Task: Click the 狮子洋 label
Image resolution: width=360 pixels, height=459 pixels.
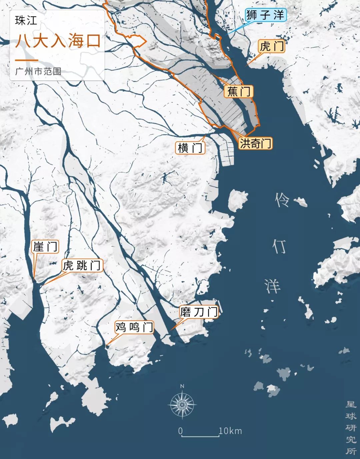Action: tap(265, 15)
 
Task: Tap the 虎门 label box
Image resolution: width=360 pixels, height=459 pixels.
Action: tap(272, 46)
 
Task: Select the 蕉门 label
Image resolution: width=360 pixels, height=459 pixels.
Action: tap(239, 91)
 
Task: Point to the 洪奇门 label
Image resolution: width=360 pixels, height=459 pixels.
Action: tap(255, 143)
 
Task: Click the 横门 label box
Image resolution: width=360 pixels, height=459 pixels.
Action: tap(190, 148)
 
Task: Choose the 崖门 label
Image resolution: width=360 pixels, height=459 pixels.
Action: tap(45, 247)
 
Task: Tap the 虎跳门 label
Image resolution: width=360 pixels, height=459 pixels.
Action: tap(82, 265)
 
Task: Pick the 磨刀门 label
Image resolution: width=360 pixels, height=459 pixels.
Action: tap(199, 312)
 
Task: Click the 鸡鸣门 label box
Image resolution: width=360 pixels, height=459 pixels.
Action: tap(134, 327)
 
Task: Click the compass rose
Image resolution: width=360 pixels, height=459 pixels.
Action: tap(182, 404)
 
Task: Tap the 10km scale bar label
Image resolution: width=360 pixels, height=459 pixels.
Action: tap(230, 431)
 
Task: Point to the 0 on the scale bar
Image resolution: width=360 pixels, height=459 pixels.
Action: tap(180, 431)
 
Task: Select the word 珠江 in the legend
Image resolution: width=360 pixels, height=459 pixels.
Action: tap(26, 21)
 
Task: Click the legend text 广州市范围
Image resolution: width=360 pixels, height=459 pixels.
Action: tap(38, 71)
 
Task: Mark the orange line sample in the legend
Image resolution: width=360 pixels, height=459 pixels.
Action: tap(26, 60)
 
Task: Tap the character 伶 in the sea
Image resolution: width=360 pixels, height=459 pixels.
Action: tap(282, 200)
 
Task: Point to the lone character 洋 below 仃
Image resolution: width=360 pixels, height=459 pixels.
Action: tap(273, 286)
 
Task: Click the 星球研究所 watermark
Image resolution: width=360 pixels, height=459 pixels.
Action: tap(351, 428)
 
